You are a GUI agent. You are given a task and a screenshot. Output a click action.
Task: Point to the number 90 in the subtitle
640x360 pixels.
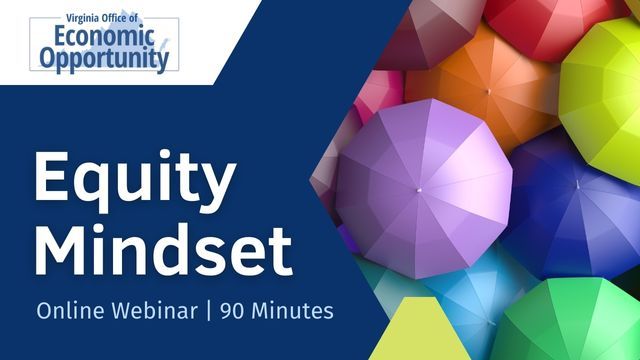tap(235, 311)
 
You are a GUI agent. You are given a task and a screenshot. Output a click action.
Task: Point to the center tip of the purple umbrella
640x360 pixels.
tap(421, 188)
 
